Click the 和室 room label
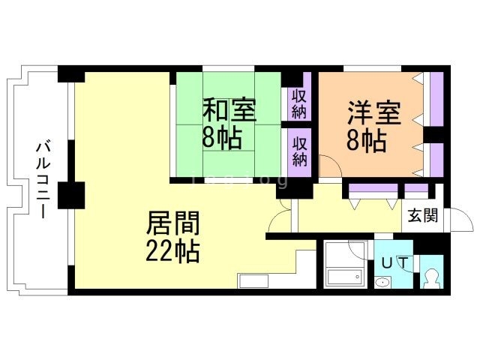(x=229, y=109)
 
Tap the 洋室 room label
(x=374, y=112)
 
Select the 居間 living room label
(x=173, y=223)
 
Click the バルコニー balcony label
(x=43, y=178)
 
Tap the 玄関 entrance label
(x=423, y=215)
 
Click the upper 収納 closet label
(x=299, y=105)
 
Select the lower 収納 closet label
(x=299, y=151)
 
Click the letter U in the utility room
(x=387, y=263)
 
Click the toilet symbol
(x=431, y=278)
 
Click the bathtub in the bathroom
(x=345, y=277)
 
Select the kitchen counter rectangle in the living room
(x=253, y=281)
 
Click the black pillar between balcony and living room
(x=71, y=195)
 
